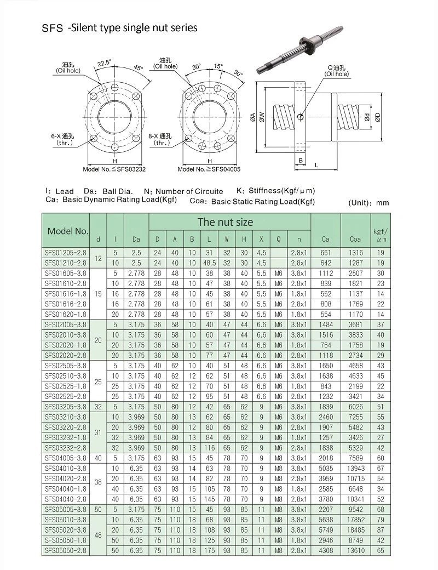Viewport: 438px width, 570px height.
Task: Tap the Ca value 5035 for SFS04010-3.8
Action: click(326, 468)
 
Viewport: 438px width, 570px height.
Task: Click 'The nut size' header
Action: click(225, 222)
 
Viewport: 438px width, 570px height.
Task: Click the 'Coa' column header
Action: click(355, 239)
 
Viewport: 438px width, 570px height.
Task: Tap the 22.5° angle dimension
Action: click(103, 63)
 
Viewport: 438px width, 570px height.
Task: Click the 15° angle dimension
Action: click(218, 66)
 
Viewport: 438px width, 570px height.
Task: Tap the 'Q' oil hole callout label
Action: click(336, 70)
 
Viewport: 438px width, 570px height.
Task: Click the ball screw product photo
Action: click(301, 47)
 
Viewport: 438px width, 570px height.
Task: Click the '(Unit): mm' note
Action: click(368, 203)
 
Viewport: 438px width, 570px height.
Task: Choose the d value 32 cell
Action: click(98, 406)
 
